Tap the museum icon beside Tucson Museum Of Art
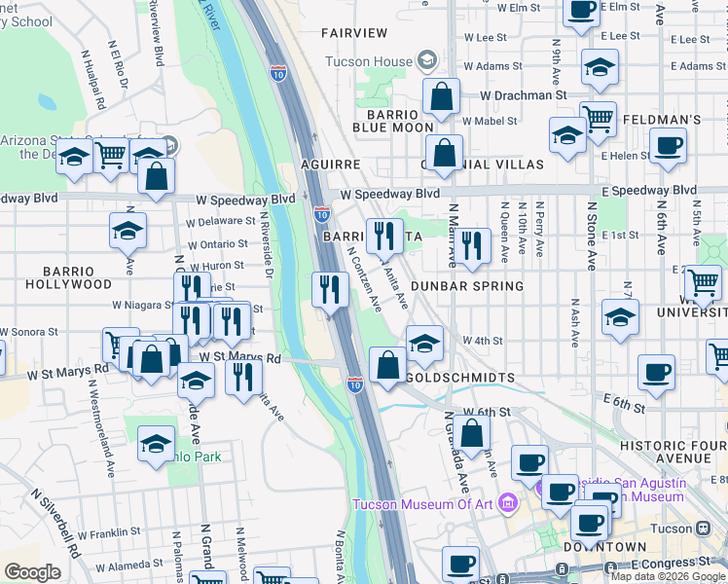pyautogui.click(x=506, y=503)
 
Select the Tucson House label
pyautogui.click(x=382, y=61)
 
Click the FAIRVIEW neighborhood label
pyautogui.click(x=355, y=32)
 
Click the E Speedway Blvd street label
pyautogui.click(x=648, y=190)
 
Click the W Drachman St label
pyautogui.click(x=524, y=95)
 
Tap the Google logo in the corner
pyautogui.click(x=33, y=572)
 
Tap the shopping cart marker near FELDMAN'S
pyautogui.click(x=598, y=119)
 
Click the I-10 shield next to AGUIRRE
pyautogui.click(x=322, y=212)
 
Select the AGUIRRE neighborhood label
pyautogui.click(x=332, y=164)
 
